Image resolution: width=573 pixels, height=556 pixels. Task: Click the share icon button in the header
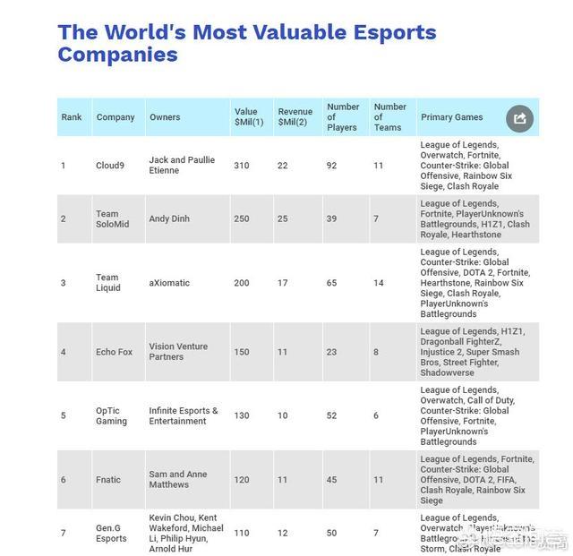click(520, 118)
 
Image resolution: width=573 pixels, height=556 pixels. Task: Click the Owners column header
click(165, 117)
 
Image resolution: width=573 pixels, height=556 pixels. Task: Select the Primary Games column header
click(451, 117)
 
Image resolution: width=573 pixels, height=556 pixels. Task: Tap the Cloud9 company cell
click(112, 166)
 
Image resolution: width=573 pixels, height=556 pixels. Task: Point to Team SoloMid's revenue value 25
click(283, 218)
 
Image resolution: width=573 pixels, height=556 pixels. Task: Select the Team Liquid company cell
click(107, 283)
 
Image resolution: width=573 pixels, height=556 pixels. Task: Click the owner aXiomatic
click(169, 283)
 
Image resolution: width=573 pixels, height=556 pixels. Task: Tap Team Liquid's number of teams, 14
click(380, 283)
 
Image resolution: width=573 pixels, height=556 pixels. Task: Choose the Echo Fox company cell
click(114, 352)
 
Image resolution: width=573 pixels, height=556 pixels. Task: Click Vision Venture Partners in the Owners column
click(178, 352)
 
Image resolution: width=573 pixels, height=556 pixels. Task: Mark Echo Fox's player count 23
click(332, 352)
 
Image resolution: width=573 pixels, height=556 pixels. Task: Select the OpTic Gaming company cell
click(111, 415)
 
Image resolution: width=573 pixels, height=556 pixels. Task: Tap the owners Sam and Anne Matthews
click(179, 480)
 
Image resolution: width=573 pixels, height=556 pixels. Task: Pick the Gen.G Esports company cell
click(112, 534)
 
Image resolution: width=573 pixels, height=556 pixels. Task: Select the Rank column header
click(72, 117)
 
